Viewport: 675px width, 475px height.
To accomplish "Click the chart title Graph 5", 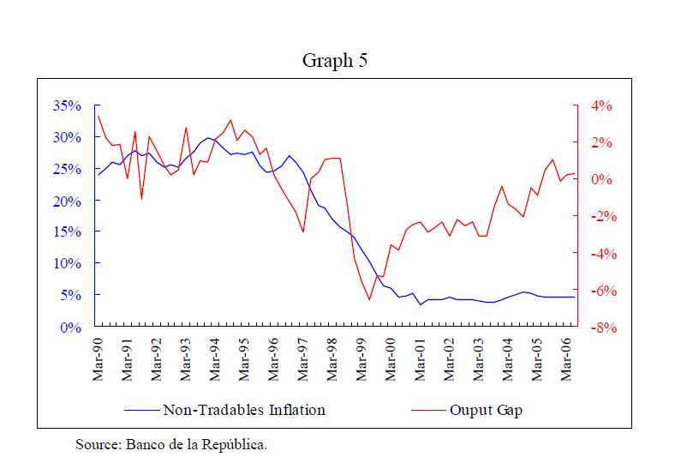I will pyautogui.click(x=336, y=61).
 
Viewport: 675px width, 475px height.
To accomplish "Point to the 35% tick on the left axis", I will pyautogui.click(x=67, y=106).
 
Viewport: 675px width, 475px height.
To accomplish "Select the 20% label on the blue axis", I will pyautogui.click(x=67, y=201).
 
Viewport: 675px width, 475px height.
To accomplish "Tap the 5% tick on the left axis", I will pyautogui.click(x=70, y=296).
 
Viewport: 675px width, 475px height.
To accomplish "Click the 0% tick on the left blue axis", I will pyautogui.click(x=70, y=328).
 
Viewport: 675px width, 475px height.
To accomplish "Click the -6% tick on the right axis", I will pyautogui.click(x=600, y=291).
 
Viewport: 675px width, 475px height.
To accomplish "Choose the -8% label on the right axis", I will pyautogui.click(x=600, y=328).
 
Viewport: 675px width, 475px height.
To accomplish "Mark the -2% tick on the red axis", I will pyautogui.click(x=600, y=217).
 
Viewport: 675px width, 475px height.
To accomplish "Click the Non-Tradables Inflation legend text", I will pyautogui.click(x=244, y=410).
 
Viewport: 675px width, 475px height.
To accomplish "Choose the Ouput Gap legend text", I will pyautogui.click(x=486, y=410).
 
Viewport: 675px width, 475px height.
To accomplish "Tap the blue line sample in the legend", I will pyautogui.click(x=142, y=410).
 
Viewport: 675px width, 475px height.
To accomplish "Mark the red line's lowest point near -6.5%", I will pyautogui.click(x=369, y=299).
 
